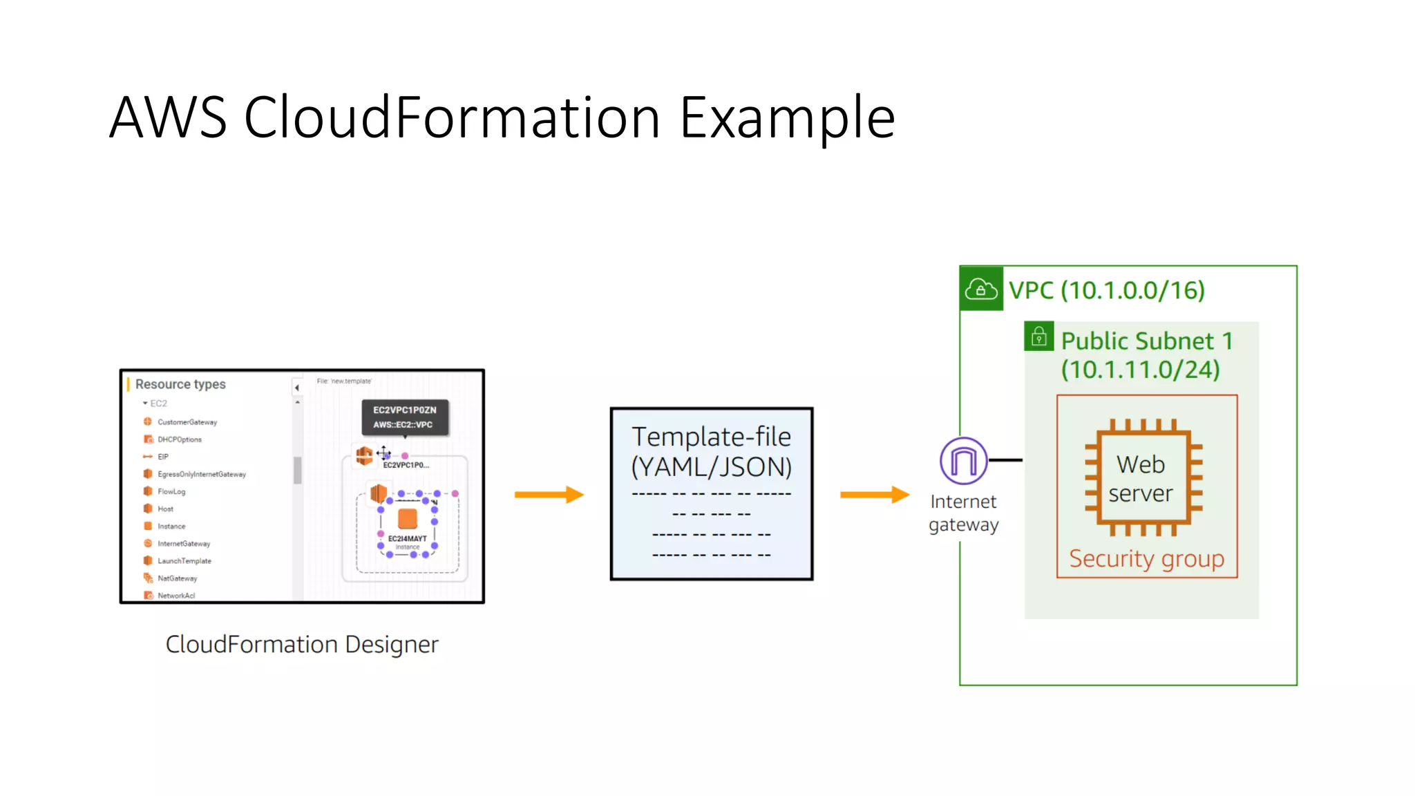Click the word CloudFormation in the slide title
click(453, 117)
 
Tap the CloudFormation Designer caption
click(302, 644)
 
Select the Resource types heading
click(180, 384)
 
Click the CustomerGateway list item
click(187, 422)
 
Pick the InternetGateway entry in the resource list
click(183, 544)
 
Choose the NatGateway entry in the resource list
click(177, 578)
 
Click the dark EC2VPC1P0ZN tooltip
click(405, 417)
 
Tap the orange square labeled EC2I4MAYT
click(408, 519)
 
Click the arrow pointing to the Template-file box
click(549, 494)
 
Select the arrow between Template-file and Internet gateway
click(875, 494)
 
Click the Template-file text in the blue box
click(711, 437)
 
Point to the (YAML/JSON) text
click(711, 468)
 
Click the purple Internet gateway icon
click(963, 460)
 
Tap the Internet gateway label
click(963, 513)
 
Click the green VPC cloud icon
click(981, 289)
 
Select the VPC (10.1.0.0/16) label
click(1106, 290)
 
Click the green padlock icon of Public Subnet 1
click(1038, 337)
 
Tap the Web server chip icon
click(1143, 477)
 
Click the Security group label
click(1146, 558)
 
